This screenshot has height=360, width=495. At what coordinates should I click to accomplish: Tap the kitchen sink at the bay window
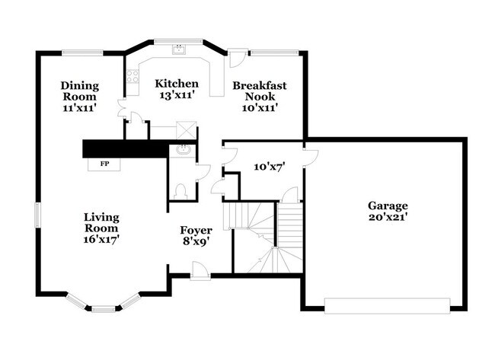pos(179,50)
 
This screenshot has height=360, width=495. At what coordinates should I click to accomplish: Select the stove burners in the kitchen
pos(132,76)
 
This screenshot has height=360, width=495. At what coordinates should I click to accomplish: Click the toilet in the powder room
pos(180,190)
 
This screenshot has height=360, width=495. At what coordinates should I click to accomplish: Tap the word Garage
pos(388,205)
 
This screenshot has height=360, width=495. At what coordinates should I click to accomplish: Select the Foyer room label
pos(195,230)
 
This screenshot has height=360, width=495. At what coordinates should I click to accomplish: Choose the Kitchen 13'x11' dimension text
pos(177,96)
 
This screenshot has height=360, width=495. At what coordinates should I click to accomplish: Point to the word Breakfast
pos(260,85)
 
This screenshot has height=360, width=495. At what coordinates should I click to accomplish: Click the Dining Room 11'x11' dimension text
pos(78,108)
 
